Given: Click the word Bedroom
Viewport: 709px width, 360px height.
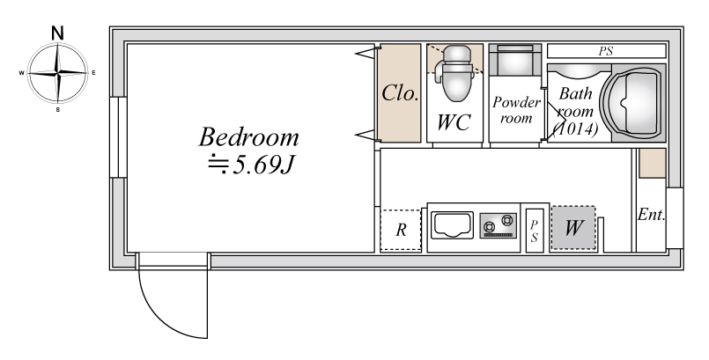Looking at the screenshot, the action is click(248, 137).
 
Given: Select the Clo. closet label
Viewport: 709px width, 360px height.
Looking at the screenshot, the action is click(400, 93).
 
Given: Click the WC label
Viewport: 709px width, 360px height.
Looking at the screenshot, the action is click(454, 122).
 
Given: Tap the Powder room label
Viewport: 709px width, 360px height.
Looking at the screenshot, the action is click(516, 110).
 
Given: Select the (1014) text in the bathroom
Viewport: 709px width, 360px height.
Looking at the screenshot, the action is click(575, 129).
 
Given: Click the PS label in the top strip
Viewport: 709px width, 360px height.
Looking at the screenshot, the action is click(606, 51).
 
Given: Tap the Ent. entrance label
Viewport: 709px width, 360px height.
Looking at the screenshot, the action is click(651, 215).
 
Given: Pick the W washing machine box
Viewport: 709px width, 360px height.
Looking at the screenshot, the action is click(572, 228).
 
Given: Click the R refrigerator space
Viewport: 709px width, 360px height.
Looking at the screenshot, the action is click(401, 230).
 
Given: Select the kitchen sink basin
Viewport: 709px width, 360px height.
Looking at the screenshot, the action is click(452, 225).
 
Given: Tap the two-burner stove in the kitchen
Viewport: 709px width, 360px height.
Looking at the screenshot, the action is click(499, 225).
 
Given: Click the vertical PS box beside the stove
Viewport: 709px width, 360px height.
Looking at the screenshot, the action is click(535, 231).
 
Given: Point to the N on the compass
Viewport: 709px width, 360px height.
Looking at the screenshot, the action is click(57, 33).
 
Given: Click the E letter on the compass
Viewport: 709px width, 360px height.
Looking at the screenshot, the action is click(93, 72).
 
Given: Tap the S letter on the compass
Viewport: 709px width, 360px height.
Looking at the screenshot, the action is click(58, 109).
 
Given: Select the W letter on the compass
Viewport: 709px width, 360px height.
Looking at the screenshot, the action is click(21, 73).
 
